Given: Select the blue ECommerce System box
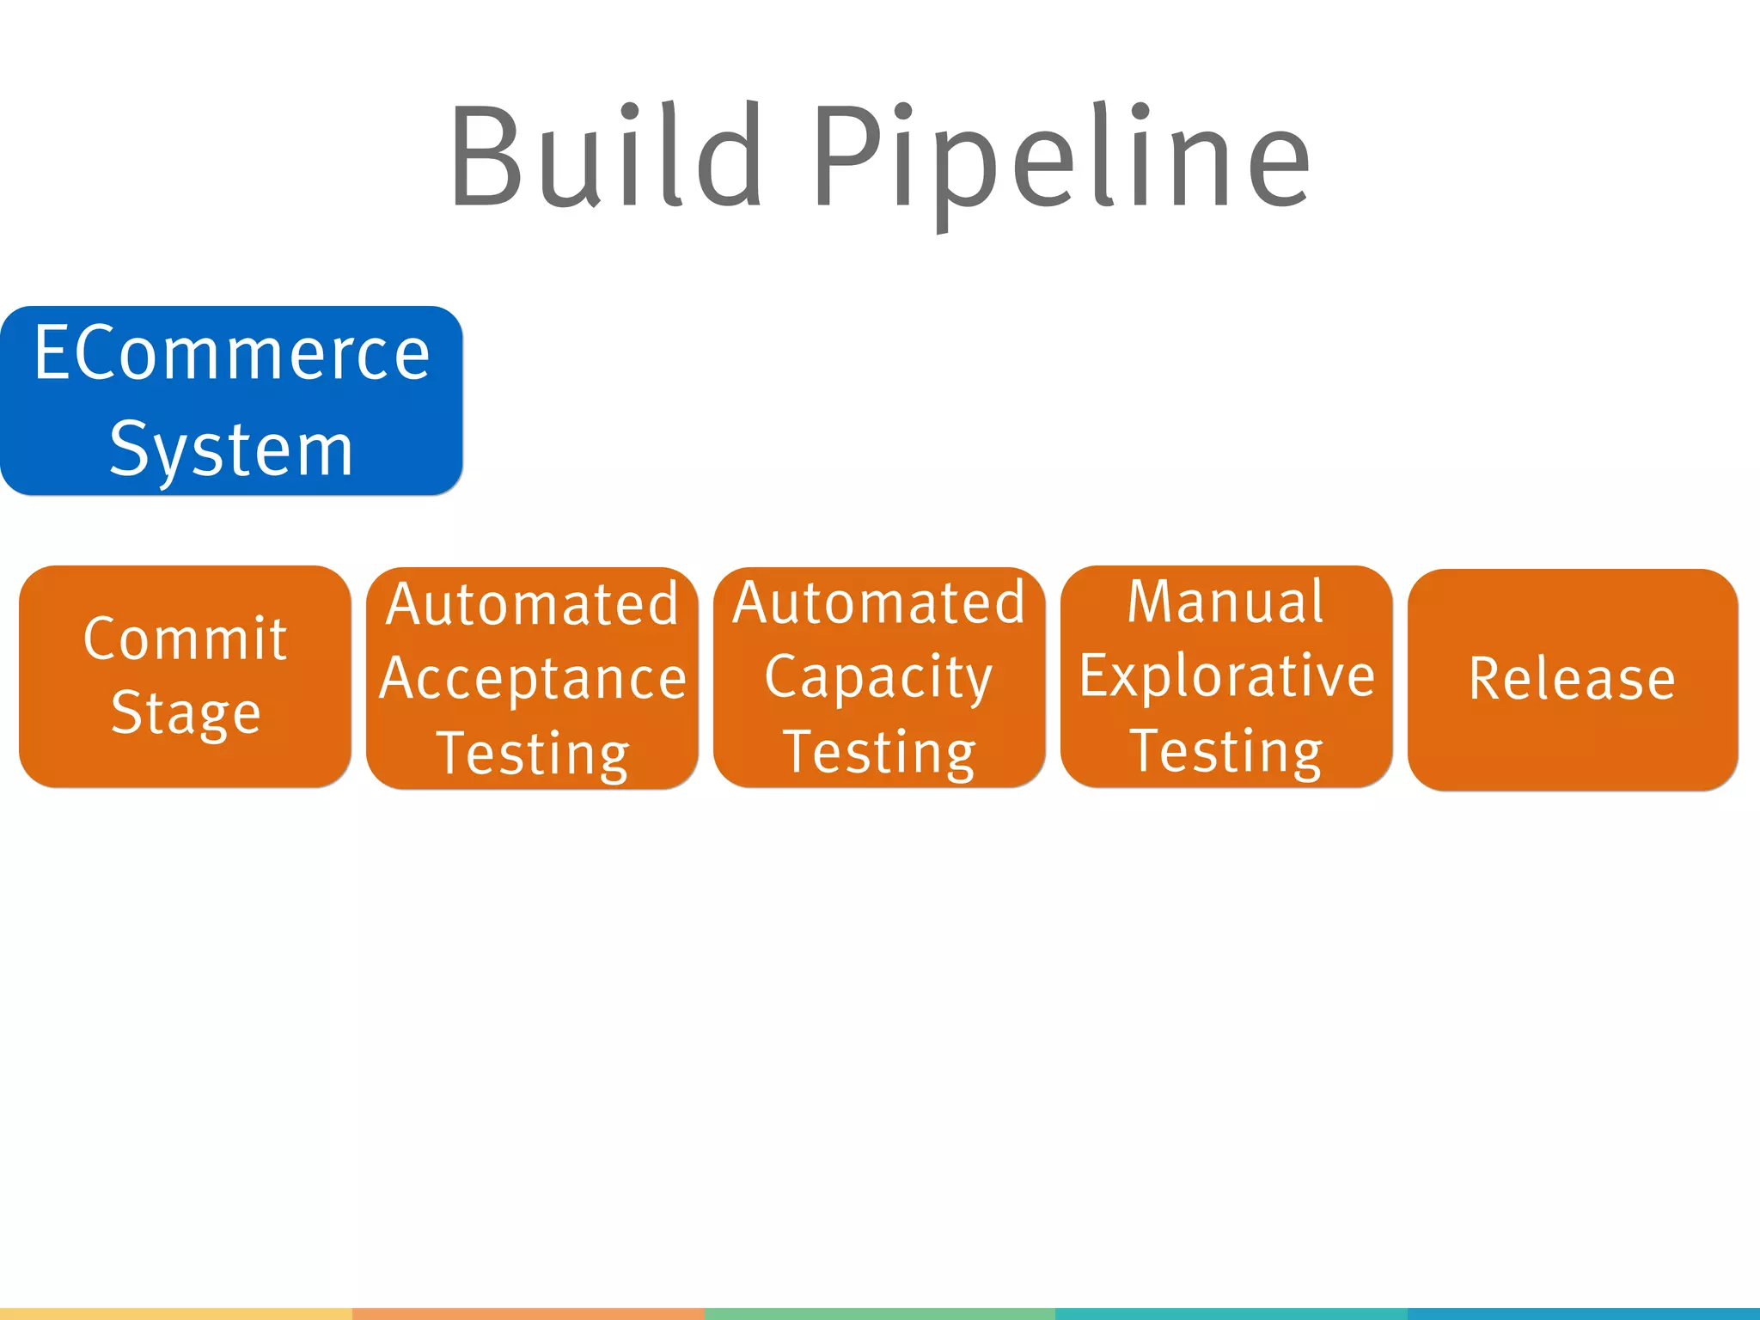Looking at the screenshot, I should coord(232,400).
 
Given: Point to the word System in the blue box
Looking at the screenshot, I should coord(232,450).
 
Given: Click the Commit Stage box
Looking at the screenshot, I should coord(185,675).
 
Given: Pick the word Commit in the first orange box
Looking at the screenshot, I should coord(185,639).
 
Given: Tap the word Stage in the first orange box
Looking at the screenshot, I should coord(186,713).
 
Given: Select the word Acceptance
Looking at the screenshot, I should coord(533,679).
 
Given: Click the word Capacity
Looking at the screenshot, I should coord(878,677).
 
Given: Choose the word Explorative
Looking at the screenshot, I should coord(1226,675).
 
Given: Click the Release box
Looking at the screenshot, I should coord(1573,679).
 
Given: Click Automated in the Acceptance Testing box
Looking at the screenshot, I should coord(533,604).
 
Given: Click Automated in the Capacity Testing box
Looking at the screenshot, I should coord(878,602).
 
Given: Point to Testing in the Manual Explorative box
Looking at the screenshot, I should coord(1225,751).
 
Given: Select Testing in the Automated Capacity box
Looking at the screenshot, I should coord(878,752).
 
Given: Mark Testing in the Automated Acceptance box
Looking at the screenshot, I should coord(533,754).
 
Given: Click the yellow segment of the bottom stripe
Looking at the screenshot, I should coord(176,1314).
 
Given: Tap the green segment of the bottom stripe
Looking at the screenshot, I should coord(879,1314).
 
